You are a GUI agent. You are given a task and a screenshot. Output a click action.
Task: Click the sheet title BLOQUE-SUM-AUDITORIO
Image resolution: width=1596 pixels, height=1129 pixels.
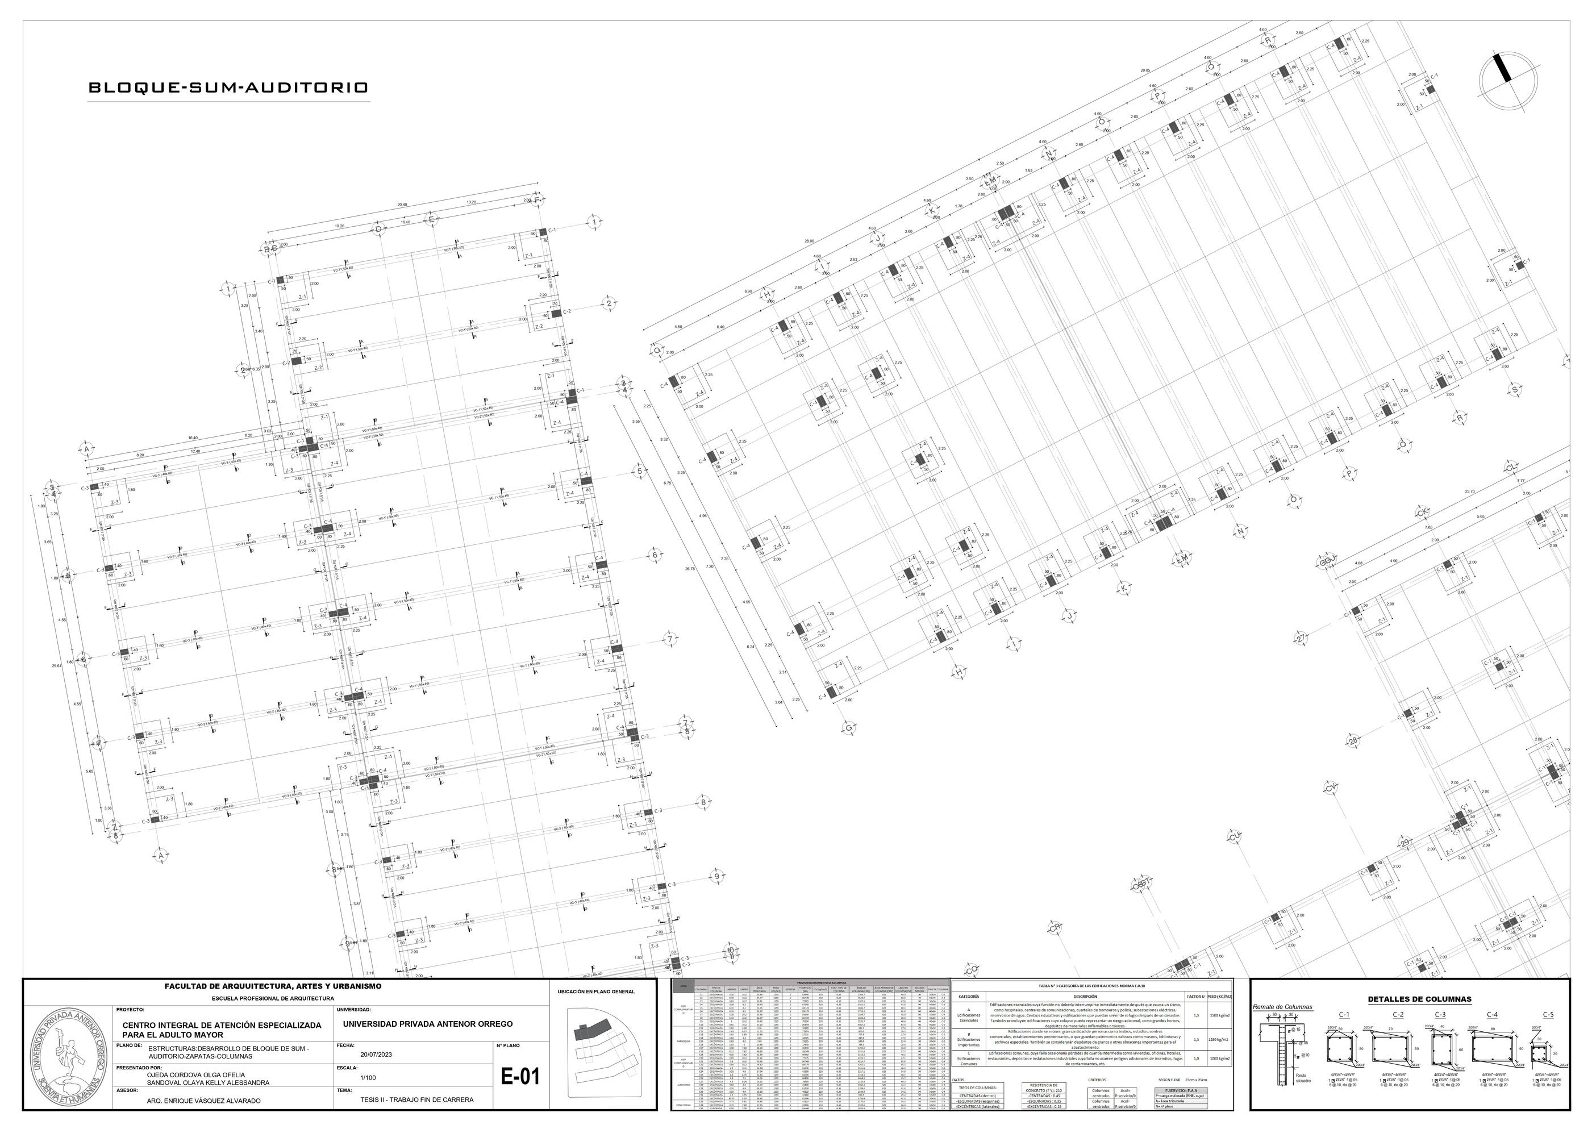click(228, 88)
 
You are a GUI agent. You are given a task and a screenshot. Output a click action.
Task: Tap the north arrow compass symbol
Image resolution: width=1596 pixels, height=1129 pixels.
click(1503, 81)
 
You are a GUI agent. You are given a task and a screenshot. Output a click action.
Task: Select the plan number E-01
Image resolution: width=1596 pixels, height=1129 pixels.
click(520, 1077)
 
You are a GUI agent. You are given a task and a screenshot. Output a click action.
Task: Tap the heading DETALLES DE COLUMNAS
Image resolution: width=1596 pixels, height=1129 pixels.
click(1419, 999)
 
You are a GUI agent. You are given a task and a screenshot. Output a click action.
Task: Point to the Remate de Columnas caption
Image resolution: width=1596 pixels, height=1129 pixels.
click(1282, 1007)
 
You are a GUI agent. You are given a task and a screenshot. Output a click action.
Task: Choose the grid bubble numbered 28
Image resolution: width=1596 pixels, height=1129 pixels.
click(1353, 741)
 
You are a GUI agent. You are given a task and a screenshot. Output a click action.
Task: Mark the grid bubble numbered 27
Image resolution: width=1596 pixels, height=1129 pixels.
click(1301, 638)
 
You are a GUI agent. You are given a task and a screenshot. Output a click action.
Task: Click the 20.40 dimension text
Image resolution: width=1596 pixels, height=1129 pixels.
click(402, 205)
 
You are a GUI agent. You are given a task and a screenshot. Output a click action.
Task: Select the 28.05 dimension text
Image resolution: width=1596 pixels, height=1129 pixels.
click(1145, 70)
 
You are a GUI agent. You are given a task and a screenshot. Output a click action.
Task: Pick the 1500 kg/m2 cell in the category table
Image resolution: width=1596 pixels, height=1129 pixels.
click(1220, 1016)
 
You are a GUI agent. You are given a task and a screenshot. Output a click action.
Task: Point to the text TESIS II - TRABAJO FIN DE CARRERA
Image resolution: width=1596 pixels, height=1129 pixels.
click(417, 1100)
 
